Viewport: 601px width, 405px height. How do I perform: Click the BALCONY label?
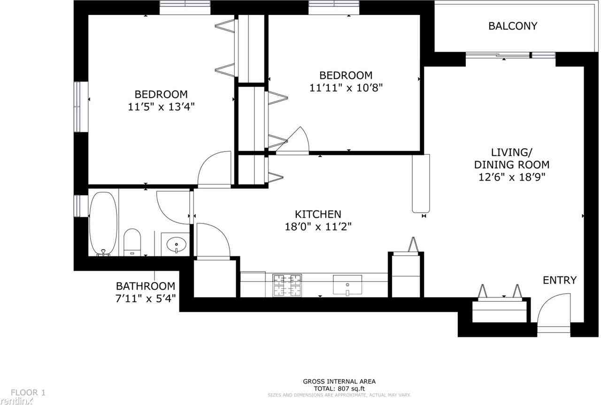click(512, 26)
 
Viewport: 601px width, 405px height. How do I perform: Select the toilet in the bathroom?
click(132, 242)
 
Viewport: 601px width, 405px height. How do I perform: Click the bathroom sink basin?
click(177, 244)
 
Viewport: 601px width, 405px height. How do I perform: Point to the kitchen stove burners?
click(287, 285)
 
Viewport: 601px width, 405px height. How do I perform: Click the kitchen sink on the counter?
click(347, 284)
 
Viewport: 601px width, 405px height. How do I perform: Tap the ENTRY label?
click(559, 281)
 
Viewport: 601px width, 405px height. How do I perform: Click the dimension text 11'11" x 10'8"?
click(346, 88)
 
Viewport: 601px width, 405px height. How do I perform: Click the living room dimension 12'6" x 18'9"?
click(511, 177)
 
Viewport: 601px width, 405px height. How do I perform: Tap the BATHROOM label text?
click(145, 286)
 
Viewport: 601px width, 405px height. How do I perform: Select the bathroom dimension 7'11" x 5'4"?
click(145, 298)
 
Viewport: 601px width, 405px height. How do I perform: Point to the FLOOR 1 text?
click(28, 392)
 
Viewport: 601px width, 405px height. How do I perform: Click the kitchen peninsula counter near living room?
click(420, 183)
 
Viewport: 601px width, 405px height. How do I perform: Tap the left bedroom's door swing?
click(214, 170)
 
